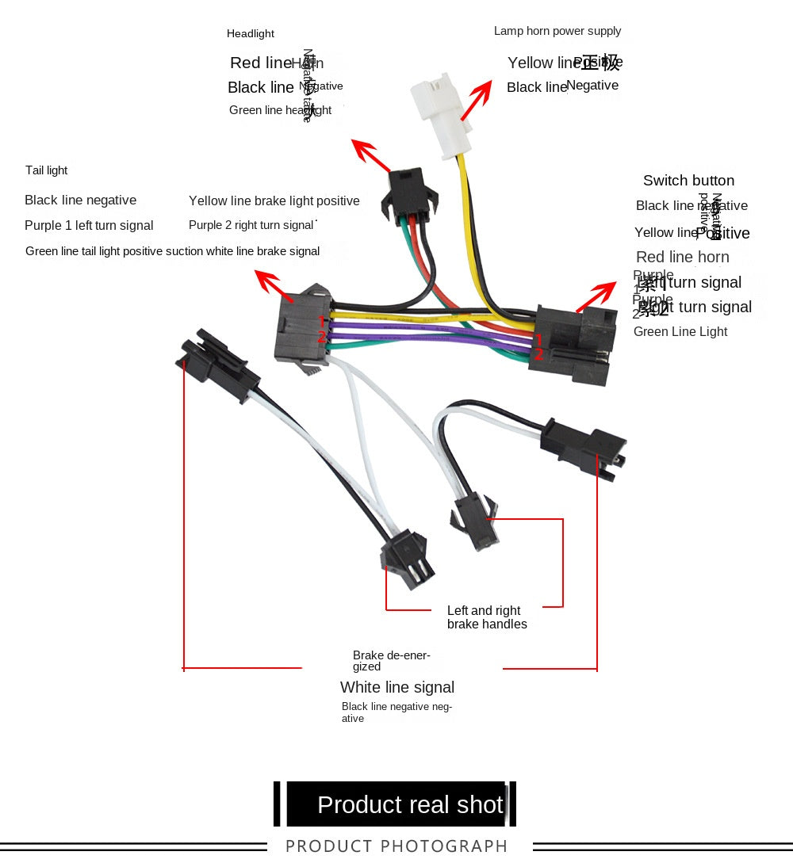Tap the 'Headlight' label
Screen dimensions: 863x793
coord(251,33)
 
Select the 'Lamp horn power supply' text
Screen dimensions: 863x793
coord(557,31)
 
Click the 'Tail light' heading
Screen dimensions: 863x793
coord(47,170)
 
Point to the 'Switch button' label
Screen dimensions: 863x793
coord(688,181)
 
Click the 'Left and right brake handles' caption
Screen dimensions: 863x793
coord(487,617)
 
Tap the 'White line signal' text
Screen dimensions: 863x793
coord(397,687)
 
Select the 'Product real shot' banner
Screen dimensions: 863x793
coord(410,804)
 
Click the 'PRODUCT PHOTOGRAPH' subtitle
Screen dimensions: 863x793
coord(396,846)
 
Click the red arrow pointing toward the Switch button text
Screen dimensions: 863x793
coord(596,296)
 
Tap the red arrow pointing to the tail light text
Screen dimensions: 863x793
coord(268,281)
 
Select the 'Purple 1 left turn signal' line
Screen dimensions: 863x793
coord(89,225)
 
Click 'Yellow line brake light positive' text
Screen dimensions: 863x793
coord(274,200)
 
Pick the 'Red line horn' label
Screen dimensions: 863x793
coord(683,257)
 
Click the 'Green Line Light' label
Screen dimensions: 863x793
coord(680,331)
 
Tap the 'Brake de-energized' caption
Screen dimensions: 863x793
coord(392,661)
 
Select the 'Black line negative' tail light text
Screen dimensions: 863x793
coord(81,200)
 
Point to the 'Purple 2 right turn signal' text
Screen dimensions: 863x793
coord(251,225)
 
